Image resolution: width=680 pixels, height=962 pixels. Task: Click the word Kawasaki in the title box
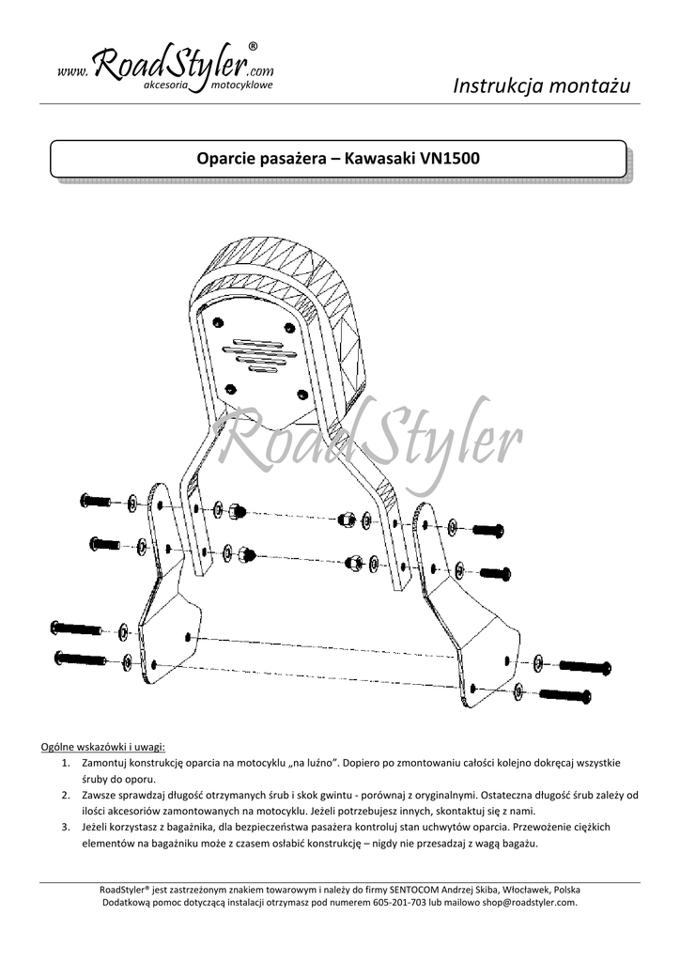[380, 158]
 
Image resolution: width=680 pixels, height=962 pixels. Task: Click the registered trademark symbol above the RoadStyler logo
[253, 46]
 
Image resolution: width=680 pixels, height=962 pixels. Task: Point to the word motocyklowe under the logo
[242, 85]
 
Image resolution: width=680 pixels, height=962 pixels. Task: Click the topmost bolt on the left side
[96, 502]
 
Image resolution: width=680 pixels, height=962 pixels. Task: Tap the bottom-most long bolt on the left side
[81, 659]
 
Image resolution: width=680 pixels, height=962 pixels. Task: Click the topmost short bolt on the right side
[488, 531]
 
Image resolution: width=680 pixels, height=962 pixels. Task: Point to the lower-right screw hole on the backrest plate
[301, 393]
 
